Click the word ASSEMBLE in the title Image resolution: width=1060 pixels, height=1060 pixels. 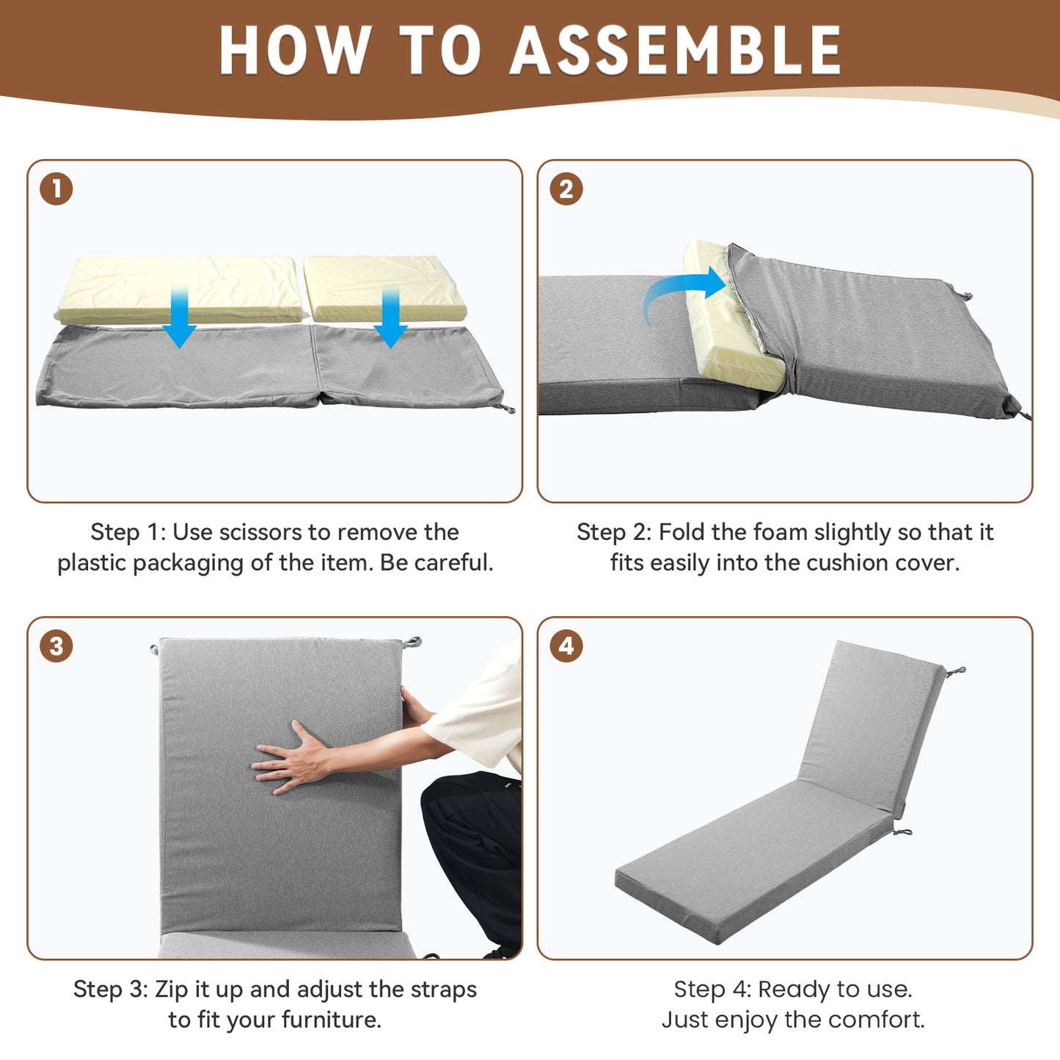tap(676, 50)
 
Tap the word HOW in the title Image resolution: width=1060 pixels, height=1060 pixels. tap(295, 50)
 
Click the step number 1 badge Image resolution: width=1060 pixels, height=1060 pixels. tap(56, 189)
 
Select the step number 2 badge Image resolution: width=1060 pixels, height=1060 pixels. tap(566, 189)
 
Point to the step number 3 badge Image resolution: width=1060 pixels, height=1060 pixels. tap(56, 646)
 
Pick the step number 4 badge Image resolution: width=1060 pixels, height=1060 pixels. tap(566, 646)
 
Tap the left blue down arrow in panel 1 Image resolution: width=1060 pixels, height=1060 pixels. tap(179, 315)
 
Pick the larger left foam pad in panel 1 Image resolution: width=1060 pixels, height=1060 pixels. tap(180, 289)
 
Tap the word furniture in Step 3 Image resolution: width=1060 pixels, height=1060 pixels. tap(331, 1020)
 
